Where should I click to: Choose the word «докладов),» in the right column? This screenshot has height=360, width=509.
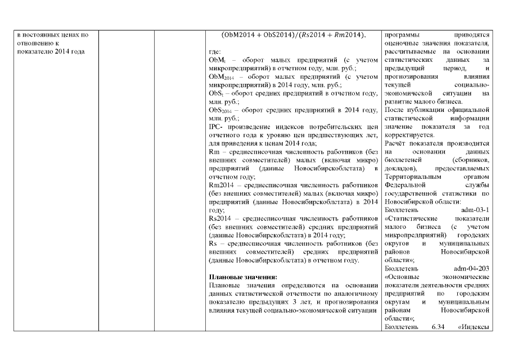point(401,168)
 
